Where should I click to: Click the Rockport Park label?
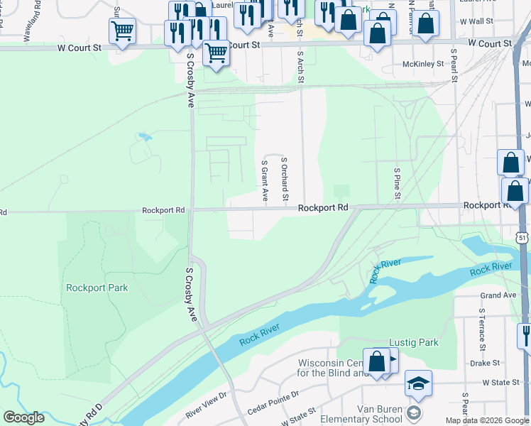97,288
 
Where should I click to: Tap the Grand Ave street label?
498,295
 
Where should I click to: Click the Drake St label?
485,362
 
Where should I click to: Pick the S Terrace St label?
481,329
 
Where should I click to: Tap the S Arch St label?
301,66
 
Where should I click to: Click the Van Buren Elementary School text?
361,413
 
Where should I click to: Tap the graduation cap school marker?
418,383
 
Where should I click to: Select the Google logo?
23,417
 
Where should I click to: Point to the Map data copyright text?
487,420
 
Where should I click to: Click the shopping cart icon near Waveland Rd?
122,31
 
